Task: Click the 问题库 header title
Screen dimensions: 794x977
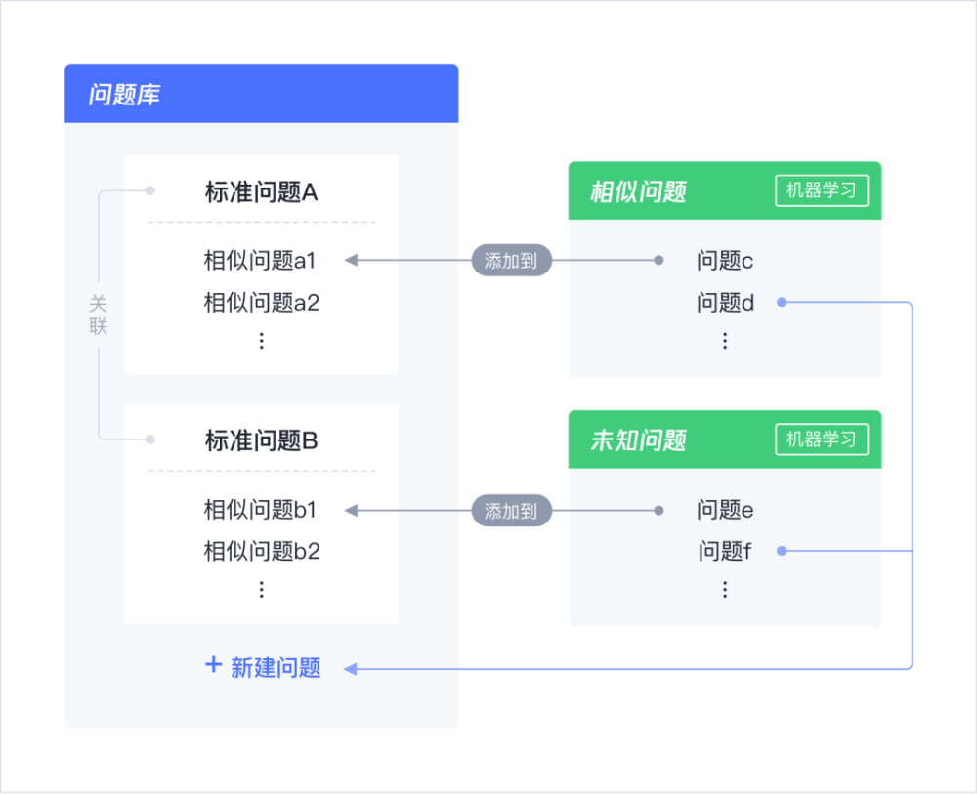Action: pyautogui.click(x=124, y=96)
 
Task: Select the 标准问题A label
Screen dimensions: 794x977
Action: pyautogui.click(x=262, y=192)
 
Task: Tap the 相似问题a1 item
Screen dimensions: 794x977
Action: pyautogui.click(x=260, y=261)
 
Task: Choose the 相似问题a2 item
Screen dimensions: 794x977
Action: pyautogui.click(x=262, y=303)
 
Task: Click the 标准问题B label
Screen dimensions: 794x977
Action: pyautogui.click(x=262, y=441)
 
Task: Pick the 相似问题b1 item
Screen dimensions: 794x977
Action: pyautogui.click(x=260, y=510)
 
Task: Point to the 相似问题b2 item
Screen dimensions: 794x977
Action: pyautogui.click(x=262, y=552)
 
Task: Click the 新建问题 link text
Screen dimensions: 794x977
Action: pyautogui.click(x=276, y=668)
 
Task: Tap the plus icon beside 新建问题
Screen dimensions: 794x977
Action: pyautogui.click(x=213, y=665)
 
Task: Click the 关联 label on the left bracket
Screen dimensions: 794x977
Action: pyautogui.click(x=99, y=315)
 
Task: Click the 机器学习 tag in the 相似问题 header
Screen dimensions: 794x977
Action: pyautogui.click(x=822, y=190)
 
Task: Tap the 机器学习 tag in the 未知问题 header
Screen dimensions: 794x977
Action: pyautogui.click(x=822, y=439)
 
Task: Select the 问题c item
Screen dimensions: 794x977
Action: pyautogui.click(x=725, y=261)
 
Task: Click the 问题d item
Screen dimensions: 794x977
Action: pyautogui.click(x=726, y=303)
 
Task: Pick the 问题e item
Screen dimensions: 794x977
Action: pyautogui.click(x=725, y=510)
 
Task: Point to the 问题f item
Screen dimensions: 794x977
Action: pyautogui.click(x=725, y=552)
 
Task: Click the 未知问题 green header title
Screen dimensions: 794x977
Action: pyautogui.click(x=639, y=440)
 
